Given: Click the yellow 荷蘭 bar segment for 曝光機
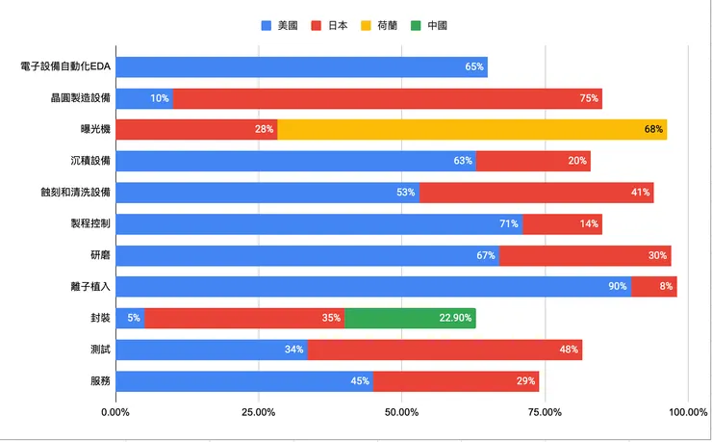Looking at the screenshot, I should click(471, 130).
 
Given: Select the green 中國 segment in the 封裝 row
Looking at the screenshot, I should click(409, 318).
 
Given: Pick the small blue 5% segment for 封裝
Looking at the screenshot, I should click(129, 318).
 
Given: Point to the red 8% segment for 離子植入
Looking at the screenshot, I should click(653, 287).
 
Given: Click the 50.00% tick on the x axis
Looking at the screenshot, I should click(401, 412).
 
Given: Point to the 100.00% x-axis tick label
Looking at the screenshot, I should click(686, 412).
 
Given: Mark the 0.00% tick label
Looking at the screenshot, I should click(115, 412).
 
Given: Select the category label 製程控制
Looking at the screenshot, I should click(91, 224).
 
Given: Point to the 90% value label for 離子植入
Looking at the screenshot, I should click(617, 287).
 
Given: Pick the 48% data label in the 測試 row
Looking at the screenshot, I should click(568, 350).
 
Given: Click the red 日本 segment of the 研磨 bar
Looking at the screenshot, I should click(584, 255).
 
